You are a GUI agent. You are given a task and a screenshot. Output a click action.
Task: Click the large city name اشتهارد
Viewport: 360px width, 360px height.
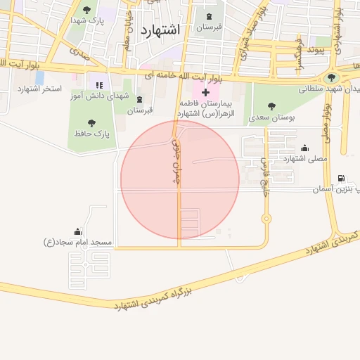160,30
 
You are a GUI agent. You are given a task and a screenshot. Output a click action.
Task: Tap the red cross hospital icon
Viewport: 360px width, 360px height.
205,92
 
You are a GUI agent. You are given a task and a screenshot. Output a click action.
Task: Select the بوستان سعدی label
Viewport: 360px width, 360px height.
272,117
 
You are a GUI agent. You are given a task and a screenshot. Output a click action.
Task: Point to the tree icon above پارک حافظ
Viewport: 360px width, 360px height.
91,122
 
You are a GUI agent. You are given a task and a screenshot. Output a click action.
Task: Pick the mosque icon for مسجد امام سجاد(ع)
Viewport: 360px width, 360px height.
77,231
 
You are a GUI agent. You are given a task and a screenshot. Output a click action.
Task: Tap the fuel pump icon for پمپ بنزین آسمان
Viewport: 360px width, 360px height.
342,179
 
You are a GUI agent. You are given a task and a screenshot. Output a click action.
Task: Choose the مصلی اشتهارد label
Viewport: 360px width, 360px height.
305,159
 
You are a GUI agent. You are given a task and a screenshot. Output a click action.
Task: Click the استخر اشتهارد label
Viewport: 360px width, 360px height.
41,89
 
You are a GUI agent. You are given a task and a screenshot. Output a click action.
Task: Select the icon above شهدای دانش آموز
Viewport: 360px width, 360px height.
98,86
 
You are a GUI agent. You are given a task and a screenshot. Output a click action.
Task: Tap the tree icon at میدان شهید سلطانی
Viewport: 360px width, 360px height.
331,77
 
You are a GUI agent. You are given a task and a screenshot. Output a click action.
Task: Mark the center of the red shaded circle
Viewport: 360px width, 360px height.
180,180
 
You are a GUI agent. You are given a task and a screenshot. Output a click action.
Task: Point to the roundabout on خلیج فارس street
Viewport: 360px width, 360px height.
266,219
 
